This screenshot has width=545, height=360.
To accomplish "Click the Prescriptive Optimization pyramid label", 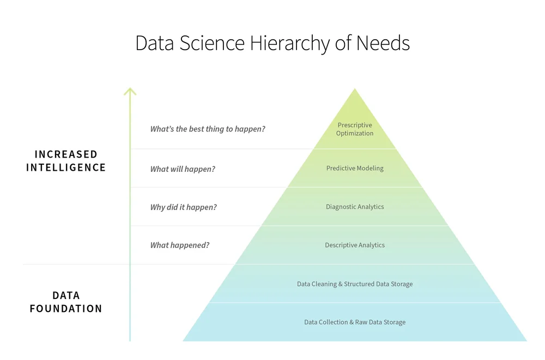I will [355, 129].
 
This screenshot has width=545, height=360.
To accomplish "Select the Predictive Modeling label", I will [355, 168].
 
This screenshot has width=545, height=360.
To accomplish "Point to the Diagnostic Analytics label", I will [355, 207].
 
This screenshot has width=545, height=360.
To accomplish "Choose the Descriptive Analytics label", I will [355, 245].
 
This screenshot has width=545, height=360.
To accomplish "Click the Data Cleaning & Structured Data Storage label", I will [355, 284].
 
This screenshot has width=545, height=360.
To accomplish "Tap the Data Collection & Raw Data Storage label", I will [355, 322].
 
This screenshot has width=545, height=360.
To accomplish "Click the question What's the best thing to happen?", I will [208, 129].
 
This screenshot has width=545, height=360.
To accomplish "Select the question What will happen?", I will [183, 169].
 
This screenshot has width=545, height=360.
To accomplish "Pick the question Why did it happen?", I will [184, 207].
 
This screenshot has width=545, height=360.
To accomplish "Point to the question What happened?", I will [180, 245].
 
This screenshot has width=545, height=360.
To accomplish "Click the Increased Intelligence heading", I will [66, 161].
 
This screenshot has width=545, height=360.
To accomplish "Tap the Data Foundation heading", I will [66, 302].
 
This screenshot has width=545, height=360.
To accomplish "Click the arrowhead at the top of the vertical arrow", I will [130, 90].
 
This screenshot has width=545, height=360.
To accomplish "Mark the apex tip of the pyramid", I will [355, 89].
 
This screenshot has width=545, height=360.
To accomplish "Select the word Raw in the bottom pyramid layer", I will [361, 322].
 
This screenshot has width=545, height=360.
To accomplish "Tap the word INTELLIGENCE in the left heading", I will [66, 167].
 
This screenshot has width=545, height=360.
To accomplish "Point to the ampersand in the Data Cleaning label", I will [341, 284].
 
